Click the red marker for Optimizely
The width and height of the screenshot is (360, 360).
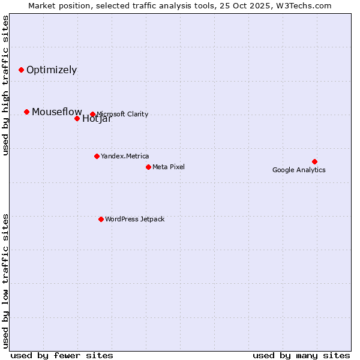click(x=21, y=70)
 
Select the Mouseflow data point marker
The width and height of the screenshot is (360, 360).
click(x=26, y=112)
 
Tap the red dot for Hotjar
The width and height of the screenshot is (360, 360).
click(x=77, y=118)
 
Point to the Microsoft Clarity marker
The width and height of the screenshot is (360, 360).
click(x=92, y=114)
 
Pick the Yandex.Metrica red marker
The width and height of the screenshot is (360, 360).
click(x=97, y=156)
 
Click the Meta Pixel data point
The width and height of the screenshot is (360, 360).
click(x=148, y=167)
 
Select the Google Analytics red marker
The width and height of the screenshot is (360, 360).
click(x=314, y=161)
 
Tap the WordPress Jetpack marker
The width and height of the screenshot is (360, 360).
click(x=101, y=219)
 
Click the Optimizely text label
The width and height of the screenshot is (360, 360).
click(x=52, y=70)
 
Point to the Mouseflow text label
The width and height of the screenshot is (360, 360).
click(x=56, y=112)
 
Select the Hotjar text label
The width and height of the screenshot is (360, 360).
click(x=97, y=119)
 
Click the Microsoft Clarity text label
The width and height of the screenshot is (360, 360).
click(x=122, y=114)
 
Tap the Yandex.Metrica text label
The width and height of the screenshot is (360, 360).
click(x=125, y=156)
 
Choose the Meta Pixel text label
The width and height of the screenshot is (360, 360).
click(x=169, y=167)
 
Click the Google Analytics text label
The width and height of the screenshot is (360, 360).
click(x=299, y=170)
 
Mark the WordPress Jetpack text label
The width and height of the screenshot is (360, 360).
click(x=134, y=219)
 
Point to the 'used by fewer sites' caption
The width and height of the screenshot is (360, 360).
click(x=62, y=355)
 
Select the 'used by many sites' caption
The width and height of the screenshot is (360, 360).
click(x=301, y=355)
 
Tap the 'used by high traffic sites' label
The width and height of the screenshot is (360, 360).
click(x=5, y=85)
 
